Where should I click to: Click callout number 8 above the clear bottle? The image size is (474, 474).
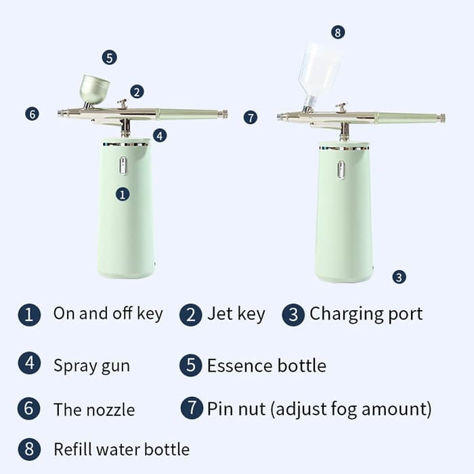(x=338, y=32)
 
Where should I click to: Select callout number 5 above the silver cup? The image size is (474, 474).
(x=110, y=58)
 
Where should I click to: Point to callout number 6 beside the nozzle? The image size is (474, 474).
(x=32, y=114)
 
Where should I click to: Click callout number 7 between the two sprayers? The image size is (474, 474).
(x=251, y=117)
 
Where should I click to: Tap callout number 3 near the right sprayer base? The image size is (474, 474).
(x=399, y=277)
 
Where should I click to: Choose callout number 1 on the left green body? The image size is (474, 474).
(x=123, y=194)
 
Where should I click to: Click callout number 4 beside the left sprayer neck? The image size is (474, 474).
(x=160, y=135)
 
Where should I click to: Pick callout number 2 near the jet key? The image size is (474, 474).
(x=137, y=91)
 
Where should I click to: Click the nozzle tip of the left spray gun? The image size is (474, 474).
(x=60, y=113)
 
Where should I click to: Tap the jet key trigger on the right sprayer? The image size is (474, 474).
(x=341, y=107)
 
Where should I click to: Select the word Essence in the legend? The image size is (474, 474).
(x=240, y=366)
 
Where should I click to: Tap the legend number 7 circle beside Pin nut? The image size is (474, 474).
(x=192, y=408)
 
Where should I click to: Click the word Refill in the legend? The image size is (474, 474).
(x=73, y=449)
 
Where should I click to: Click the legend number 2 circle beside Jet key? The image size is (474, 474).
(x=190, y=315)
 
